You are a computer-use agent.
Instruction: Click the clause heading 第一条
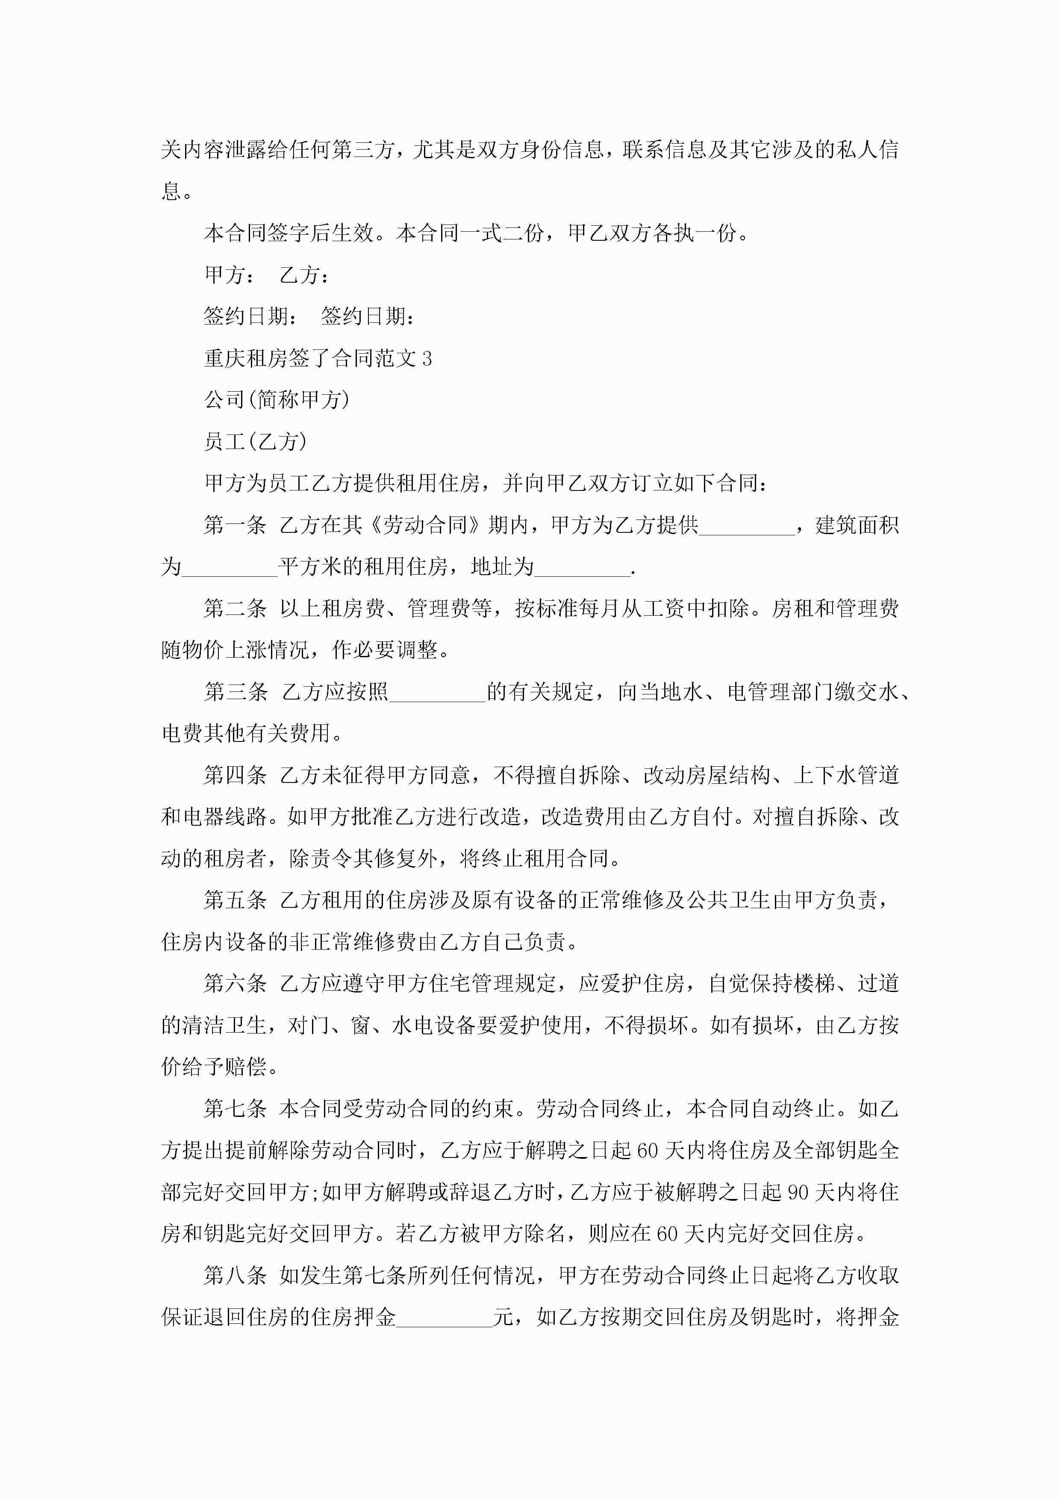pos(235,525)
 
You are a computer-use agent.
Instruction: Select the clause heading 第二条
pos(235,609)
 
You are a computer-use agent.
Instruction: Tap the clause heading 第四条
pos(235,776)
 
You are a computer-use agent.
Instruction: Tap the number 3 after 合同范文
pos(427,359)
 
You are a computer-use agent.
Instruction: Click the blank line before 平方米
pos(230,567)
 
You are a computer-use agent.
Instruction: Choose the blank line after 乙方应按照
pos(437,692)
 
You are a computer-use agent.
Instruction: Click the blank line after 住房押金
pos(444,1317)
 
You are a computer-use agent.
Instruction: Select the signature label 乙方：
pos(304,275)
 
